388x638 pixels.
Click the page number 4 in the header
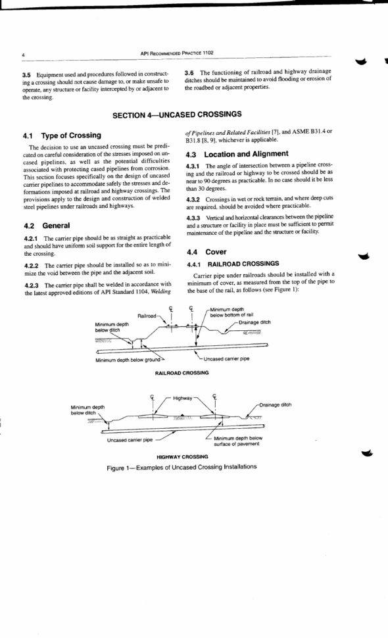click(23, 53)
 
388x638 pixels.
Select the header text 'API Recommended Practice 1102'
click(177, 52)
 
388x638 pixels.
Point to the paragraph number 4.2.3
click(32, 285)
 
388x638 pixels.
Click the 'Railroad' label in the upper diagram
click(147, 316)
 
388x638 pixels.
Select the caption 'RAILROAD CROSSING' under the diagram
click(182, 372)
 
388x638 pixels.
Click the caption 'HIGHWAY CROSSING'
click(182, 456)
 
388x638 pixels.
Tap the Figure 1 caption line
click(182, 467)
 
